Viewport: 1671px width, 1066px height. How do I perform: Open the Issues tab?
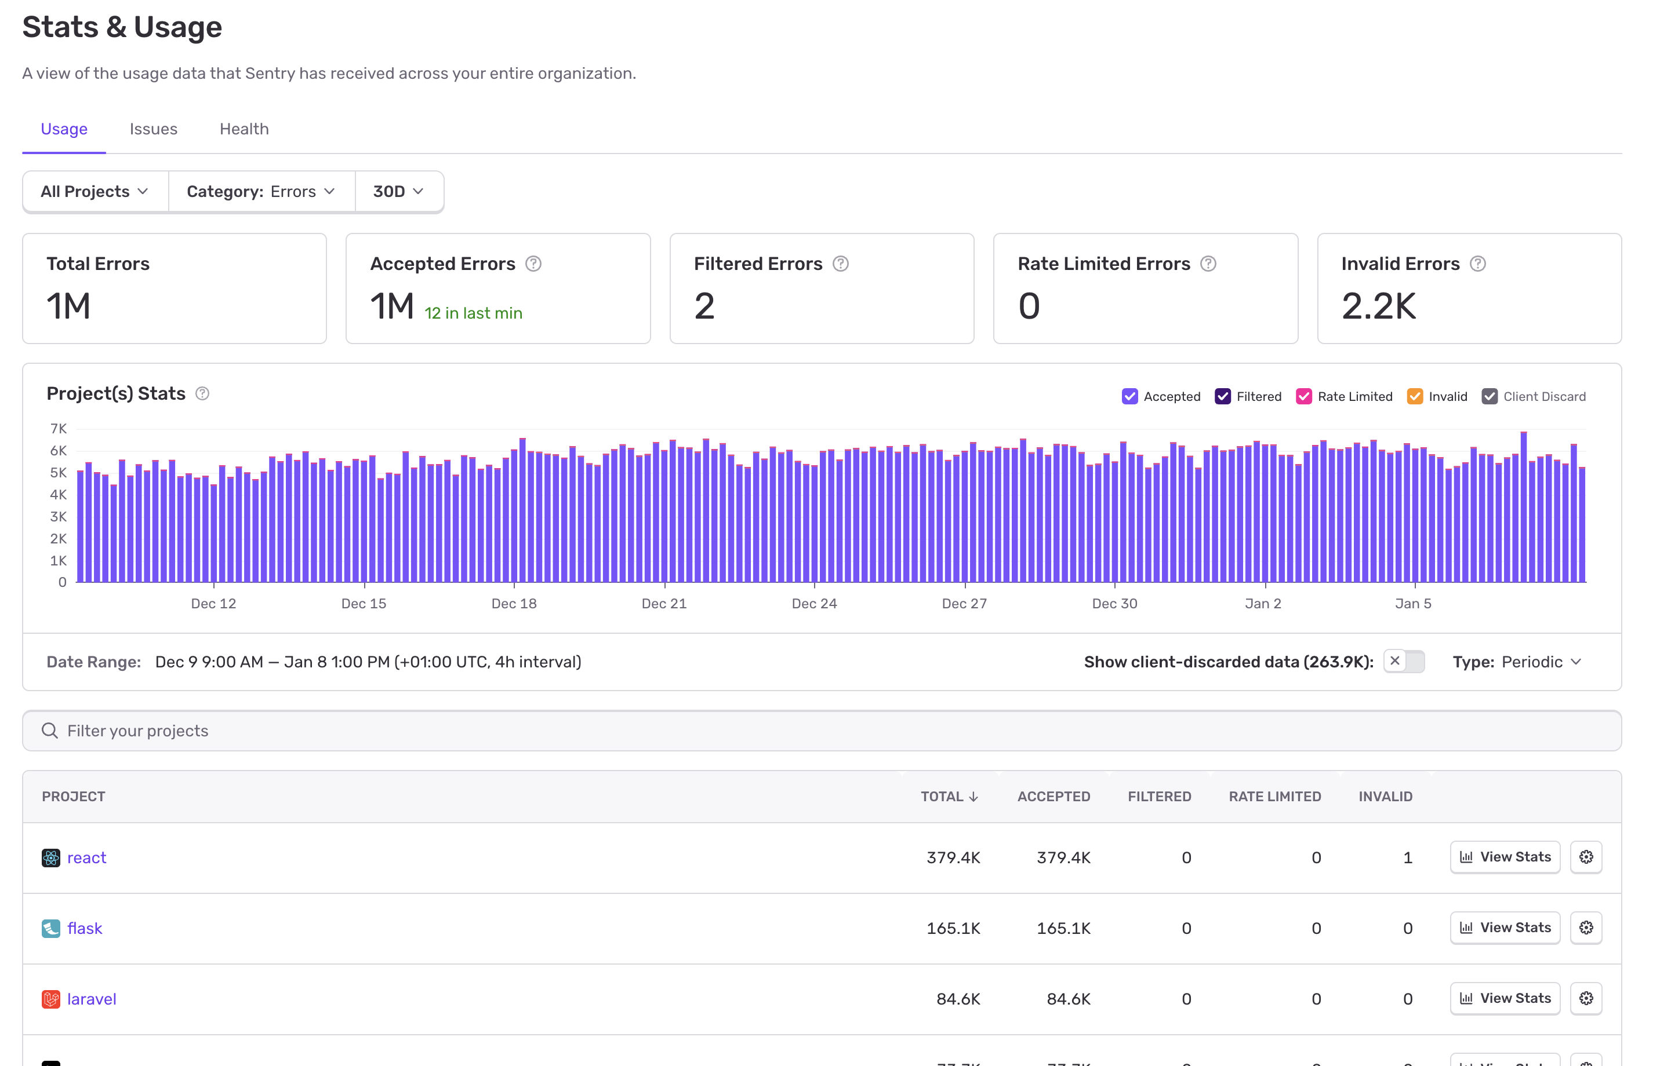tap(154, 129)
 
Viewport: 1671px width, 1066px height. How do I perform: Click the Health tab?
tap(244, 129)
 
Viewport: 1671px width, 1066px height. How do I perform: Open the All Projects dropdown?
tap(95, 191)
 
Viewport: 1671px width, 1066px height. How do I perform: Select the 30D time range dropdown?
tap(398, 191)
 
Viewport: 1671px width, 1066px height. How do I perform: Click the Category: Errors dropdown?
tap(261, 191)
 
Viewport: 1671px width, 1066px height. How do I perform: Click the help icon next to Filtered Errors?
tap(840, 264)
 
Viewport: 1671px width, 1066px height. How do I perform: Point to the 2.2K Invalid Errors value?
tap(1378, 306)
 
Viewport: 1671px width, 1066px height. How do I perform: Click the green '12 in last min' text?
tap(473, 313)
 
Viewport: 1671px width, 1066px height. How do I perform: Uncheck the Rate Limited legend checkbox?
tap(1304, 397)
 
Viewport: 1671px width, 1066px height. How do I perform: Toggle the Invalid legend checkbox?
tap(1414, 397)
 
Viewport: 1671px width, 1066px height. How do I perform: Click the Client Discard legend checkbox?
tap(1489, 397)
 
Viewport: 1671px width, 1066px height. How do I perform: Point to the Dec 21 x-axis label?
tap(664, 604)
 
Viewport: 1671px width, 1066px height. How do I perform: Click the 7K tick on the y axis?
tap(59, 429)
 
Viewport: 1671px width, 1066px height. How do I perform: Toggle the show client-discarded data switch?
tap(1403, 662)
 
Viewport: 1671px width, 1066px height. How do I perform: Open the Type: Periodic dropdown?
tap(1517, 662)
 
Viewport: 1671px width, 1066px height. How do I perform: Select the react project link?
tap(86, 858)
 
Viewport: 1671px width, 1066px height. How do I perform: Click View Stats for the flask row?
tap(1505, 928)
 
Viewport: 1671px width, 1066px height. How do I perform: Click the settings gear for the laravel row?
tap(1586, 999)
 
